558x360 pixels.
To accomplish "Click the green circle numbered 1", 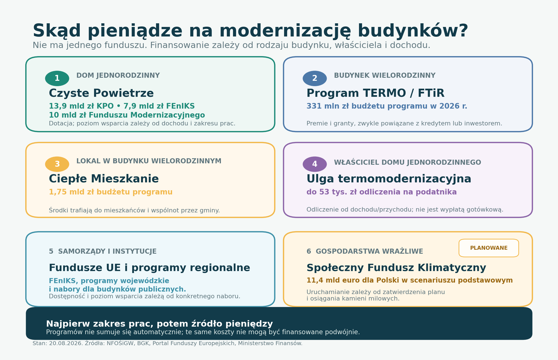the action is pyautogui.click(x=57, y=78).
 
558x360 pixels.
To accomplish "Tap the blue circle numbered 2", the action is pyautogui.click(x=315, y=78).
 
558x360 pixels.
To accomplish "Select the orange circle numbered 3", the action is pyautogui.click(x=57, y=164).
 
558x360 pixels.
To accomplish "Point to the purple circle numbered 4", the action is pyautogui.click(x=315, y=164).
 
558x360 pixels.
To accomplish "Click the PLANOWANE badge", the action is pyautogui.click(x=489, y=248).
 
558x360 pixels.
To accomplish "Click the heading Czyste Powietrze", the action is pyautogui.click(x=101, y=93).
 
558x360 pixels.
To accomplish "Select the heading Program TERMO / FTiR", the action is pyautogui.click(x=375, y=93).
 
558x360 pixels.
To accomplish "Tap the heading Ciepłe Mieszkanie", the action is pyautogui.click(x=104, y=179).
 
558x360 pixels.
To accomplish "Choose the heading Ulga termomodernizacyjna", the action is pyautogui.click(x=389, y=179).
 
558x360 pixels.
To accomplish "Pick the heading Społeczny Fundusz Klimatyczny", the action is pyautogui.click(x=396, y=268).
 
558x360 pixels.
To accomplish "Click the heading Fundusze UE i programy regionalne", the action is pyautogui.click(x=149, y=268).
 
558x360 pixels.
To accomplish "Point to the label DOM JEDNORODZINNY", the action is pyautogui.click(x=118, y=75).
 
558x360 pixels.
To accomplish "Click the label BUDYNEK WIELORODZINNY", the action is pyautogui.click(x=385, y=75).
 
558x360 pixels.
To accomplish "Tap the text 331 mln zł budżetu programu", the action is pyautogui.click(x=372, y=106).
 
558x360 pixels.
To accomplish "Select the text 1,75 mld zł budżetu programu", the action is pyautogui.click(x=111, y=192).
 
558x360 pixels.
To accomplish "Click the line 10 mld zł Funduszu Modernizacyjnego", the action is pyautogui.click(x=127, y=115).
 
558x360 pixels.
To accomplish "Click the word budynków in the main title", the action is pyautogui.click(x=413, y=31).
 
